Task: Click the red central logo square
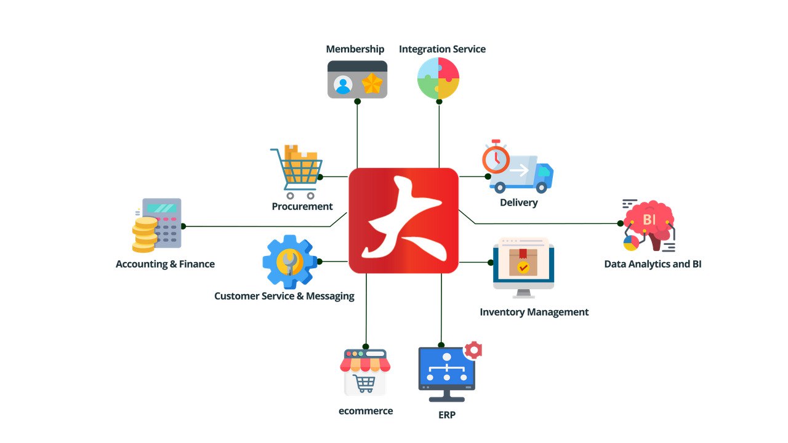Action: (403, 220)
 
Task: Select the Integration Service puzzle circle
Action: (438, 78)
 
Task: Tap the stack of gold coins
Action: (145, 234)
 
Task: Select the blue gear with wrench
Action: (289, 261)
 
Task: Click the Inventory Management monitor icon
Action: (523, 266)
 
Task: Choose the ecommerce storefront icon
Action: (365, 372)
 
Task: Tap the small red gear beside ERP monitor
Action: (473, 350)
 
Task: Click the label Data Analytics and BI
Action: (653, 264)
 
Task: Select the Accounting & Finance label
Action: (165, 264)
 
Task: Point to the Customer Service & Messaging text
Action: (284, 296)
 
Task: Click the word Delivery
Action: (518, 202)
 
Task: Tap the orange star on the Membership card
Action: (372, 84)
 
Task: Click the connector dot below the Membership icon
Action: (357, 102)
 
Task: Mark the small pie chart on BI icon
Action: (631, 243)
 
